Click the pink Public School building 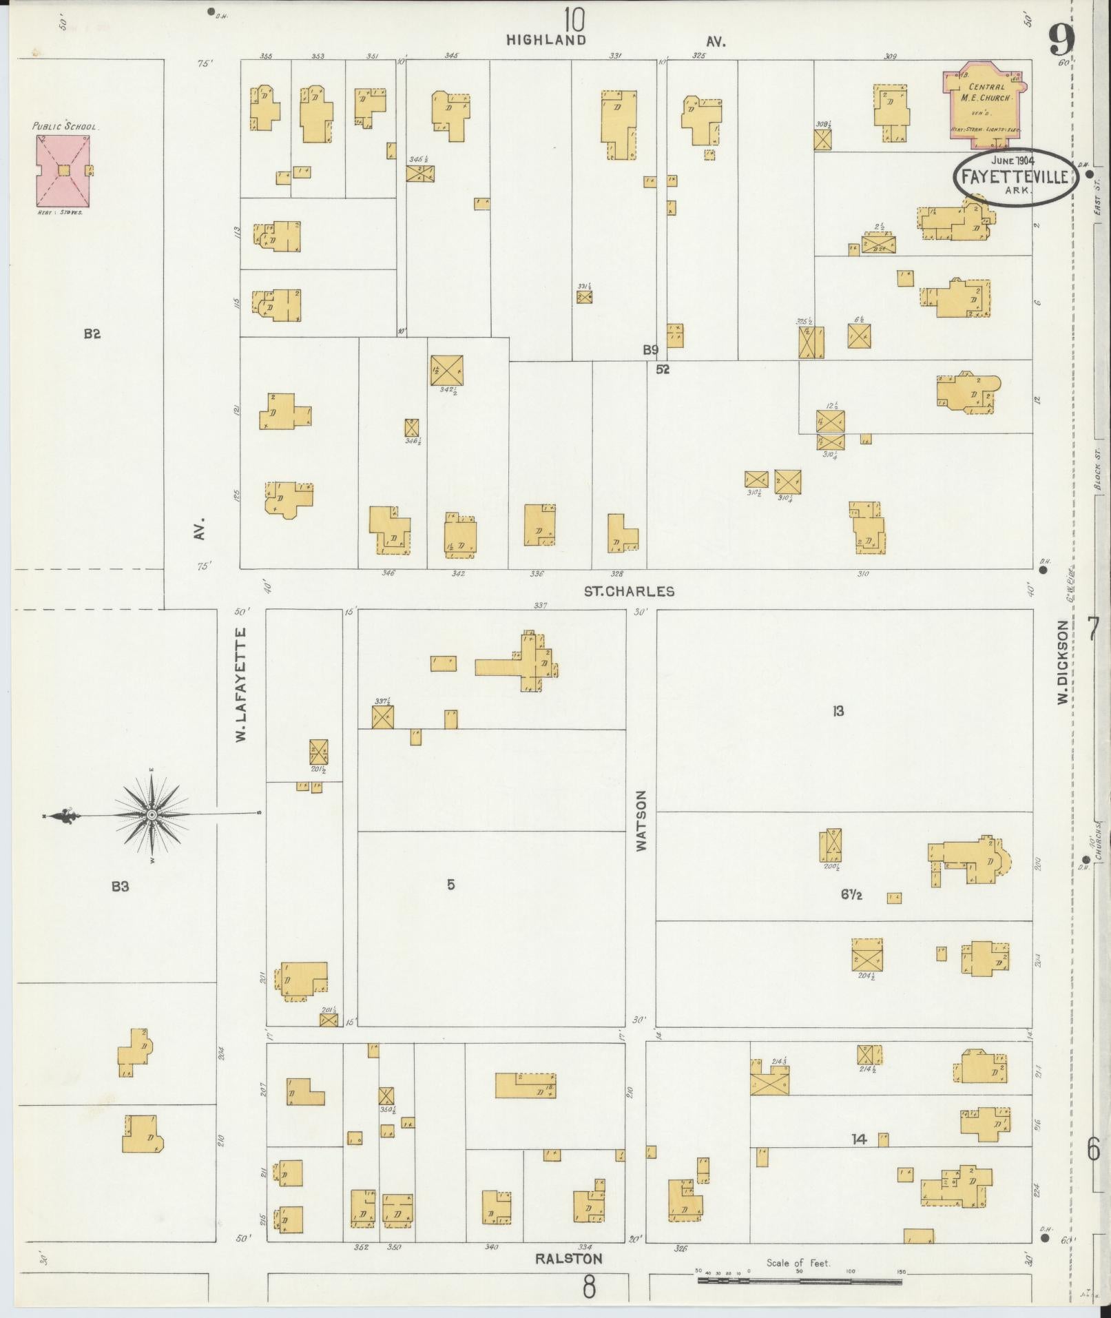click(x=63, y=170)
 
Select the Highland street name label click(x=546, y=41)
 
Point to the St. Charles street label click(x=629, y=591)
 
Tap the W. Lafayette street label click(x=241, y=684)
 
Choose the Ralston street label click(x=568, y=1258)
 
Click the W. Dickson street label click(x=1063, y=661)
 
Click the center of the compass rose click(x=151, y=815)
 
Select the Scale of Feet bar click(x=799, y=1281)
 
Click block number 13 click(x=838, y=711)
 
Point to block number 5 click(x=450, y=885)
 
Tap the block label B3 click(x=120, y=886)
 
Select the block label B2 click(x=92, y=334)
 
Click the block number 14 click(x=858, y=1140)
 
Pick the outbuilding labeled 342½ click(x=446, y=371)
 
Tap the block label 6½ click(x=851, y=896)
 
